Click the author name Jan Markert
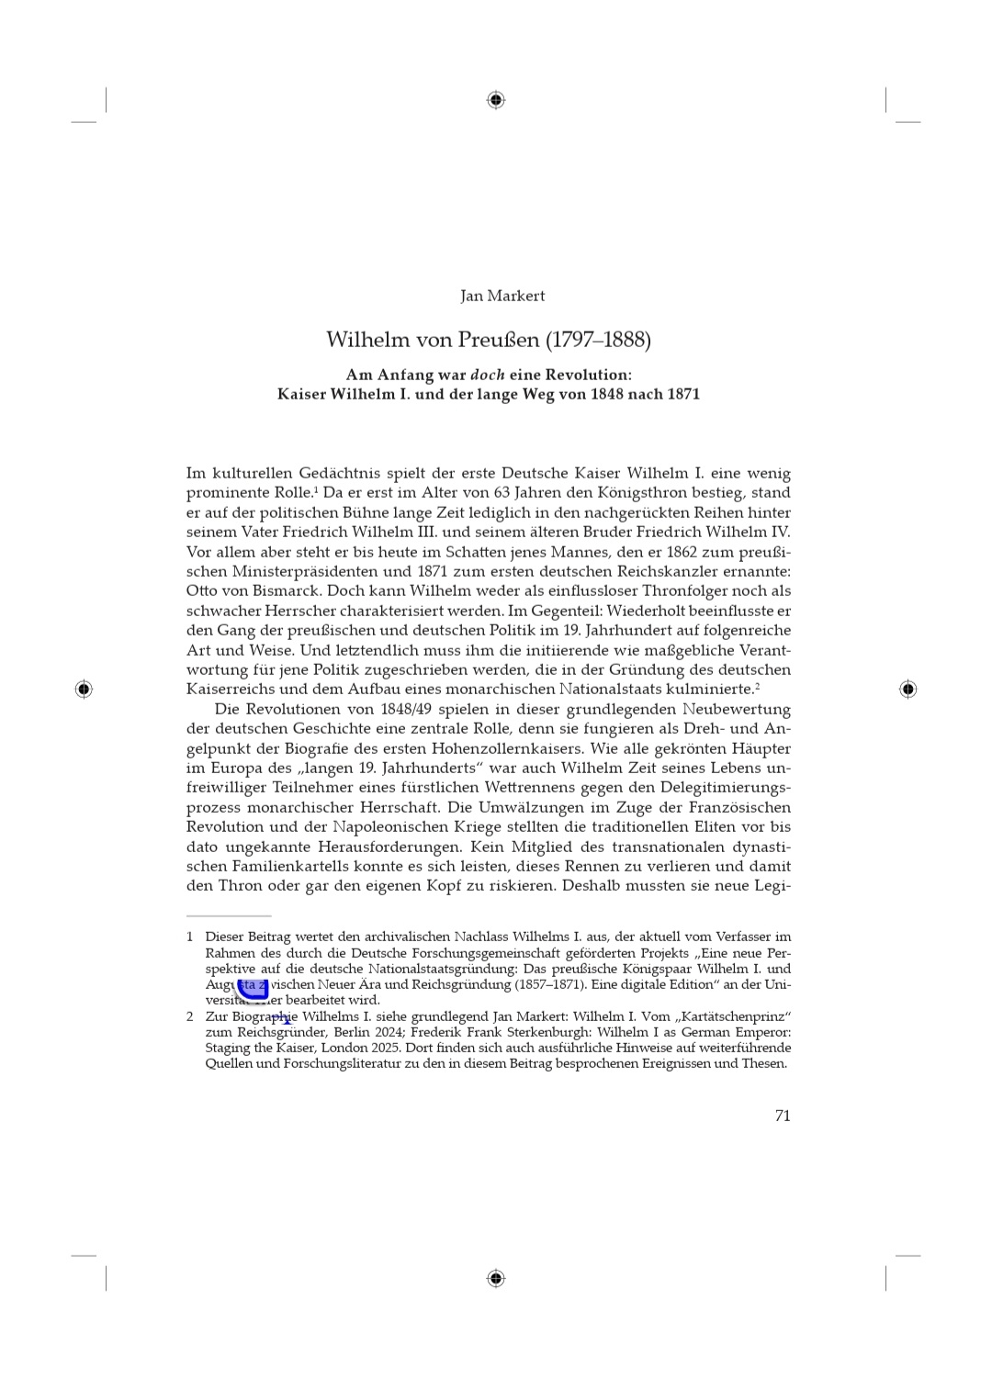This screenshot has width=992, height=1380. pos(502,296)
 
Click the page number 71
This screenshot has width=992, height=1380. pos(783,1116)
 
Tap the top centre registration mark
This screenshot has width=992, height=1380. pos(496,100)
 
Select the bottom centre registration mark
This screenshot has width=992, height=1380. pos(496,1278)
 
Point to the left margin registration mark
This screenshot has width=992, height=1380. pos(84,689)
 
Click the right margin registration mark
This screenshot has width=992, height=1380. pos(907,689)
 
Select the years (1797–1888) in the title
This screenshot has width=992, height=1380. pos(598,340)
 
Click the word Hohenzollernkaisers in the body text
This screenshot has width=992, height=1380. pos(497,748)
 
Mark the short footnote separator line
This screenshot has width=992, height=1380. pos(229,915)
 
